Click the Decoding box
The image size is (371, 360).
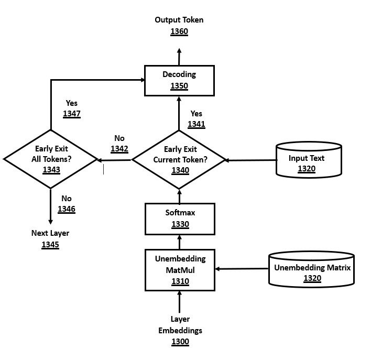click(x=179, y=80)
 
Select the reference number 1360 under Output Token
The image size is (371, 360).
click(x=179, y=31)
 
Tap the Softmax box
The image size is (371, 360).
click(x=179, y=219)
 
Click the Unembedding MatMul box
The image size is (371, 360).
click(x=179, y=270)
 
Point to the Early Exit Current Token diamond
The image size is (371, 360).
click(x=179, y=159)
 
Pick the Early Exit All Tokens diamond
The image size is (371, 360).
click(x=51, y=159)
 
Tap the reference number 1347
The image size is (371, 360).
click(x=71, y=114)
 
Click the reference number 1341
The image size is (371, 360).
click(x=196, y=124)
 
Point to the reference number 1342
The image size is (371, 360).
click(x=119, y=149)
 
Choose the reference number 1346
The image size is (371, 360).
click(x=66, y=209)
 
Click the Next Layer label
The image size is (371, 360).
click(x=50, y=233)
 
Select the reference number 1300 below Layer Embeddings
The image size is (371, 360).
click(x=180, y=342)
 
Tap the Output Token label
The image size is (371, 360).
click(x=179, y=20)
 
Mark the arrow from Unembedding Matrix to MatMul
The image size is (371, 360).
click(x=242, y=269)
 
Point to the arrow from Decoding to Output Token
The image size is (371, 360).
click(x=179, y=57)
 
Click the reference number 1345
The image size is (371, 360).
click(x=50, y=244)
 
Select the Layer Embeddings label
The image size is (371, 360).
click(x=180, y=325)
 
